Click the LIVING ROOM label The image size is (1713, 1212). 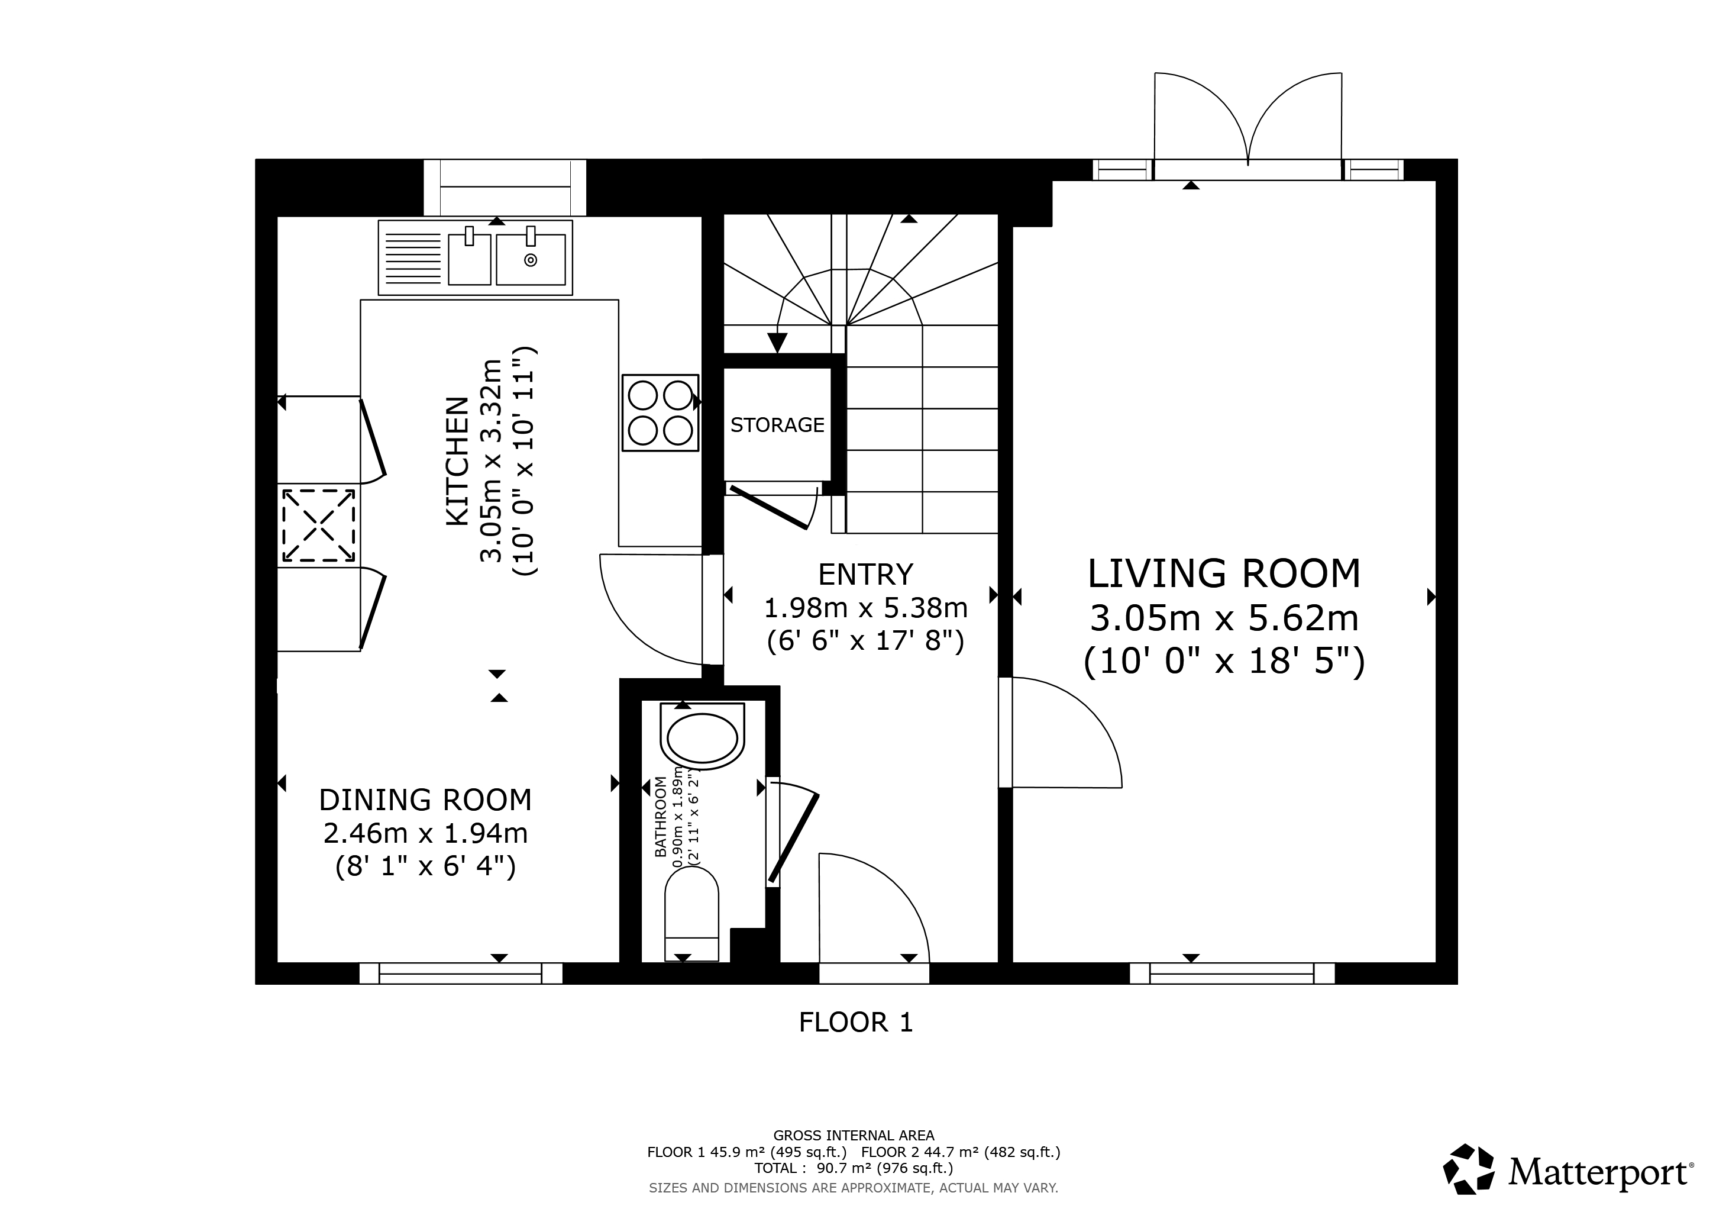1224,574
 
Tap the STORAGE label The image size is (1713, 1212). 777,425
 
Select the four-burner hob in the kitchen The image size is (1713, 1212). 660,412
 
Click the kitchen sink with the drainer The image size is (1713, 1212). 475,257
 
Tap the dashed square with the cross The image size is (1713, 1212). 319,525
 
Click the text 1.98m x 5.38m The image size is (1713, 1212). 865,608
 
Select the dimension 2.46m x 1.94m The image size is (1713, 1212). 425,832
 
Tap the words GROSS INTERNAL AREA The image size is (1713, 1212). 854,1135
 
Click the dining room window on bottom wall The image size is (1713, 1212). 460,973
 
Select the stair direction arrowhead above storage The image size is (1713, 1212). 777,343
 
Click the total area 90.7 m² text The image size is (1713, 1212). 854,1169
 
